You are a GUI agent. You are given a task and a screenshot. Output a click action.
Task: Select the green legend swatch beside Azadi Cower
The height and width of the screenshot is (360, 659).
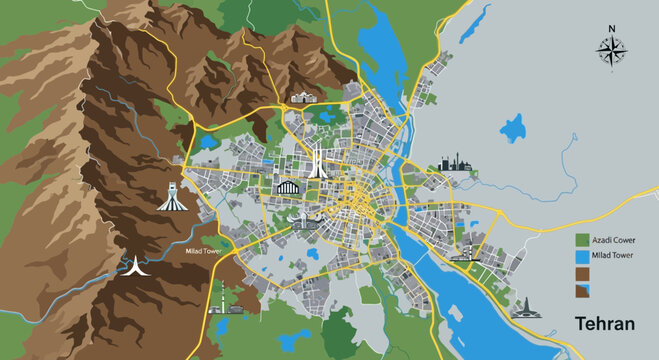click(x=581, y=240)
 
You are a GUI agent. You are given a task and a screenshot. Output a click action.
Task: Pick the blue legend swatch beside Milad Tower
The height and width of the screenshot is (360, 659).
click(x=581, y=257)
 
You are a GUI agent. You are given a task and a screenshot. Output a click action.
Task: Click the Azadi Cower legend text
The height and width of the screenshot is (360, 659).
click(x=613, y=241)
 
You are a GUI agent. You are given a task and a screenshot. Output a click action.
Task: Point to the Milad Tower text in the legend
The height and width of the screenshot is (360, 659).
click(x=612, y=257)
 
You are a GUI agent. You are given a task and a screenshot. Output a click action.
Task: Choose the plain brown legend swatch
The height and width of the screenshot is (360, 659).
click(x=581, y=273)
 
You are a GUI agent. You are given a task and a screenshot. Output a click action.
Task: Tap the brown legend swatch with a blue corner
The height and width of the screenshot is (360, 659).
click(x=581, y=290)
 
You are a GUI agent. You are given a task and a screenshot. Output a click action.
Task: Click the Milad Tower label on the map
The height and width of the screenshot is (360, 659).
click(x=203, y=251)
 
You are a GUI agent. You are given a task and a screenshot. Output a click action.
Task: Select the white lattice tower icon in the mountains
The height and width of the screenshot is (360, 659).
click(x=173, y=193)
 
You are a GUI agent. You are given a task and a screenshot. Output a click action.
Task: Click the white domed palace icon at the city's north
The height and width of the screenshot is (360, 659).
click(x=301, y=98)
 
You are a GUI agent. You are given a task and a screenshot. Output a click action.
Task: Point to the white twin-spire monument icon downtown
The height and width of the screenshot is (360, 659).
click(x=317, y=160)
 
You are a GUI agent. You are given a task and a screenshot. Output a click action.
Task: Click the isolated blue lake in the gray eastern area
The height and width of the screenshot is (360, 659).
click(x=513, y=129)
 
